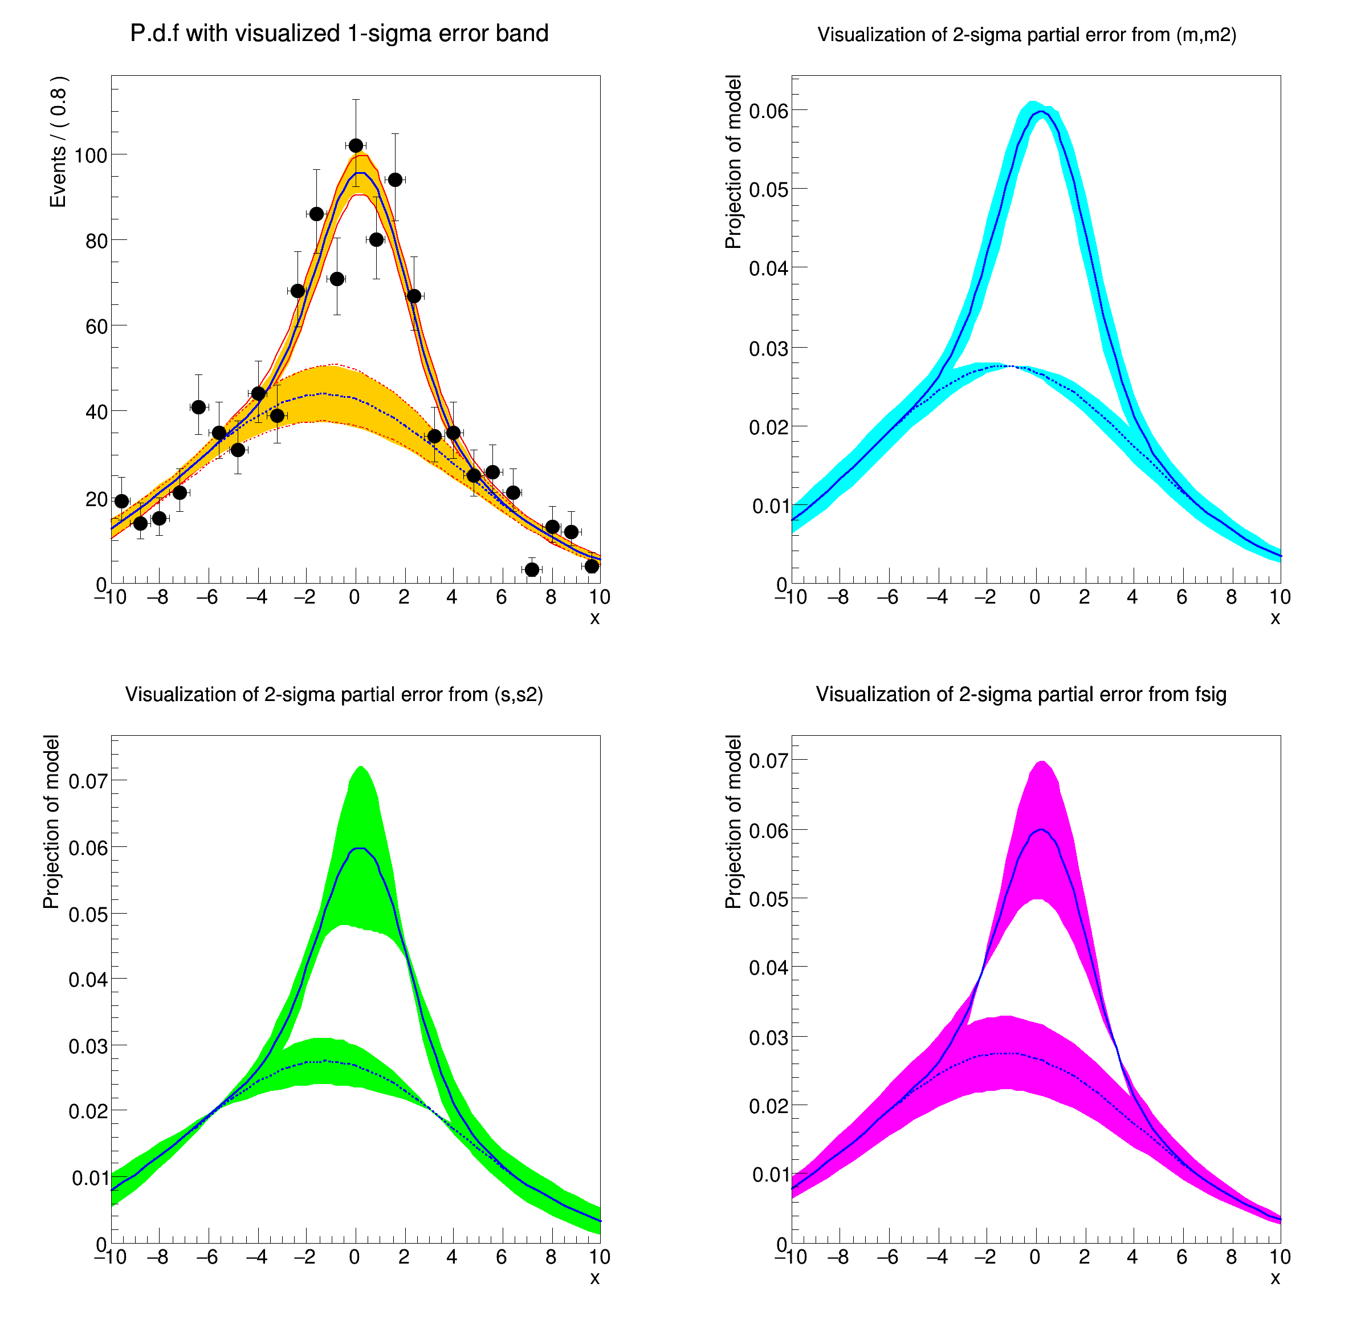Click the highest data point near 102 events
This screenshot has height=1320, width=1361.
(x=356, y=145)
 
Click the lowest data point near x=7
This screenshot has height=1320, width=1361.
(x=532, y=569)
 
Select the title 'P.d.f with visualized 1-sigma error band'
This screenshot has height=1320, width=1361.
(x=339, y=33)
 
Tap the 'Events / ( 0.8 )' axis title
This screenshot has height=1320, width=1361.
(x=58, y=142)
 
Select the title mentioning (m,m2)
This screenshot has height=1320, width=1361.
(x=1026, y=35)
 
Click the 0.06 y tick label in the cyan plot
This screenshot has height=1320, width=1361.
(x=768, y=111)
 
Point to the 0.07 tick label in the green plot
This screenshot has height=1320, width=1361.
(x=88, y=781)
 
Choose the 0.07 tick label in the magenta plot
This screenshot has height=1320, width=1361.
(x=768, y=760)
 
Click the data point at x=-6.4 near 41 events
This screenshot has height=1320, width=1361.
(x=198, y=407)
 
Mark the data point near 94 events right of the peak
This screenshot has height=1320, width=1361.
(x=395, y=180)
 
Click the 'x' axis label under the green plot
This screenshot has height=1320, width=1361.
(x=594, y=1278)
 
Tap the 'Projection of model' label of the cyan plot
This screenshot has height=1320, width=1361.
(x=734, y=162)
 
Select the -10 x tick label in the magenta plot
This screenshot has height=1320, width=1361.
(x=790, y=1257)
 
